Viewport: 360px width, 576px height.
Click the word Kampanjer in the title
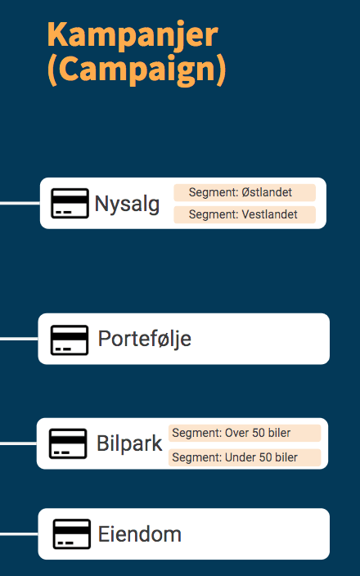(133, 35)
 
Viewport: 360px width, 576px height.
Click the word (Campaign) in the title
(137, 70)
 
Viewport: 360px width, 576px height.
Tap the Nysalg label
(127, 205)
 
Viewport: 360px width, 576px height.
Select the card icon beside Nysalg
(70, 203)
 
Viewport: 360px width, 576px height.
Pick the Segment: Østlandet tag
(245, 192)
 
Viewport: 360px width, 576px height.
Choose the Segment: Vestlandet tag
(245, 214)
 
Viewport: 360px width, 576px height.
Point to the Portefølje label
(144, 339)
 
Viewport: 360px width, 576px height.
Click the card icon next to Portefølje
(70, 340)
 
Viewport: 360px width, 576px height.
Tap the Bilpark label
(129, 443)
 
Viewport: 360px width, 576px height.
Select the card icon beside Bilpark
(68, 443)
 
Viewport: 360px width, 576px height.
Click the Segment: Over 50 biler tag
(245, 433)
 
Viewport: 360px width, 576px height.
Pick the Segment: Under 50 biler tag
(245, 457)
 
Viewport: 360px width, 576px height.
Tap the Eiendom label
(140, 533)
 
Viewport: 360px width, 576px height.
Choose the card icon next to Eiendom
(72, 533)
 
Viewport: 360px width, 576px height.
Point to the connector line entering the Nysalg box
(20, 203)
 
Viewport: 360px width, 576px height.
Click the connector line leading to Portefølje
(19, 339)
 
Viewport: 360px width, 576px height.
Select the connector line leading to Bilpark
(18, 443)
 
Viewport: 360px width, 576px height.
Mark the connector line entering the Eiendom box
(19, 533)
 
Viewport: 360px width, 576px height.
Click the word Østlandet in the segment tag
(267, 192)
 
